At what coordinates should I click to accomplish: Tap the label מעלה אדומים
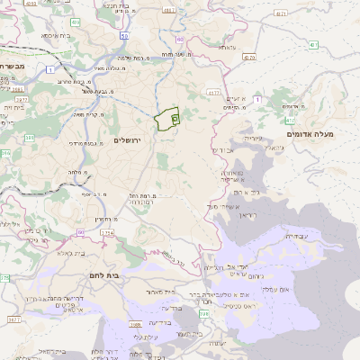310,134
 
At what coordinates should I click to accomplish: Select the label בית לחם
106,274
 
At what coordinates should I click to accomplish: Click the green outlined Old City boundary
167,121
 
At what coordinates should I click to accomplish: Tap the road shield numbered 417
312,44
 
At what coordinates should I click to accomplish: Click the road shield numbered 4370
249,57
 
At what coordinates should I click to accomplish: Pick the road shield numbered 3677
13,319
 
